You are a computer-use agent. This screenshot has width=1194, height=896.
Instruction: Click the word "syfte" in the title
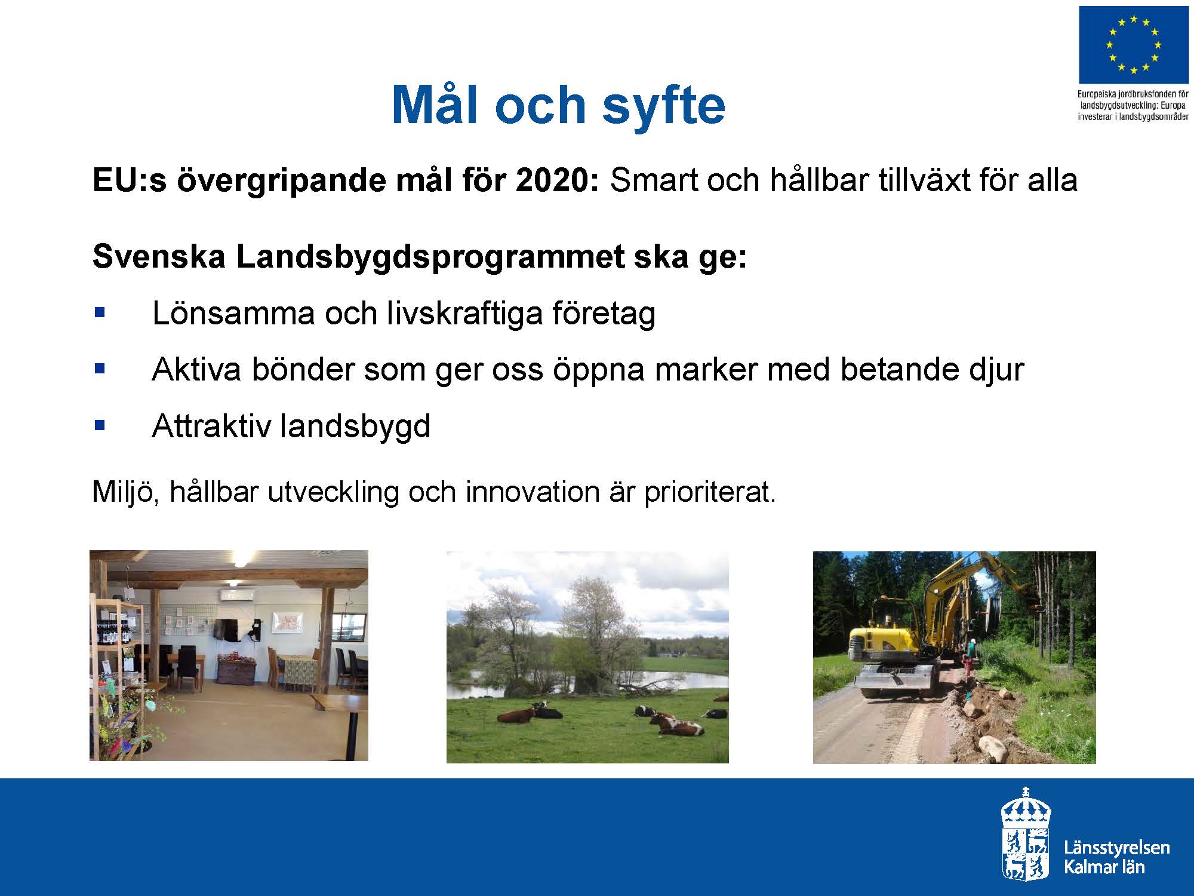[x=663, y=105]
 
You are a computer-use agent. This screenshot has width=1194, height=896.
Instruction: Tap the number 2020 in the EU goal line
[x=557, y=180]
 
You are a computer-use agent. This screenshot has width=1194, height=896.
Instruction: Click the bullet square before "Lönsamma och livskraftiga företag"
[x=100, y=312]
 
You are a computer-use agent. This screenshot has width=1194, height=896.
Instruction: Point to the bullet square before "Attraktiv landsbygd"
[x=100, y=426]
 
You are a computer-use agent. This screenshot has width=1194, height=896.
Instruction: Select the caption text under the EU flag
[x=1133, y=105]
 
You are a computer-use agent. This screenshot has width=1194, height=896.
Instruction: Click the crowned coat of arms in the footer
[x=1026, y=834]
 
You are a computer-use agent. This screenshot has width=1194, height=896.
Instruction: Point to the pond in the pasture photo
[x=597, y=681]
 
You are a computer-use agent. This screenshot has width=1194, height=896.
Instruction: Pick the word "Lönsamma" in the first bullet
[x=233, y=313]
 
